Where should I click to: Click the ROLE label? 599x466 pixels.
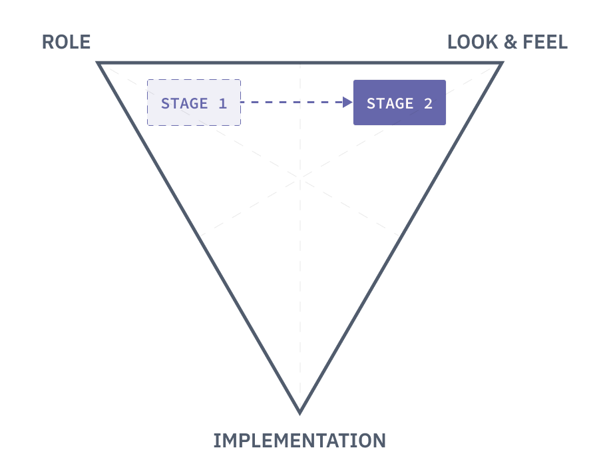pyautogui.click(x=66, y=43)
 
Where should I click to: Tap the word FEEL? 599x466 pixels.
pyautogui.click(x=545, y=43)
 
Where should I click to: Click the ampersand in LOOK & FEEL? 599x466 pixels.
pyautogui.click(x=510, y=43)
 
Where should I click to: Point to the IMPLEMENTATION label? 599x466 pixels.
pyautogui.click(x=299, y=440)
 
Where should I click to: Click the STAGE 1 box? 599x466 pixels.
pyautogui.click(x=194, y=103)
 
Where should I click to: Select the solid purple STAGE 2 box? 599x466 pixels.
pyautogui.click(x=399, y=103)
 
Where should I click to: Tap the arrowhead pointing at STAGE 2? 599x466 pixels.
pyautogui.click(x=347, y=103)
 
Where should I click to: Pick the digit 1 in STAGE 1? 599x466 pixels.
pyautogui.click(x=222, y=104)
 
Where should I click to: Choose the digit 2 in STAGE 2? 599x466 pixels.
pyautogui.click(x=428, y=104)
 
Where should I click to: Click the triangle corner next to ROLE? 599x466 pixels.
pyautogui.click(x=99, y=63)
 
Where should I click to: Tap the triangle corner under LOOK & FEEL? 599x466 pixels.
pyautogui.click(x=501, y=63)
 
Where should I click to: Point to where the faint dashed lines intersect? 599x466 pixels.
pyautogui.click(x=300, y=178)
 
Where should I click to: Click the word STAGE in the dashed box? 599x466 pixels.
pyautogui.click(x=184, y=104)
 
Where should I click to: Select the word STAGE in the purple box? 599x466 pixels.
pyautogui.click(x=390, y=104)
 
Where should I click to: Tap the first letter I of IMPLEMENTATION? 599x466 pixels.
pyautogui.click(x=216, y=441)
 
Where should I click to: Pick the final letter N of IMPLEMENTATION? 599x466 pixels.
pyautogui.click(x=379, y=441)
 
